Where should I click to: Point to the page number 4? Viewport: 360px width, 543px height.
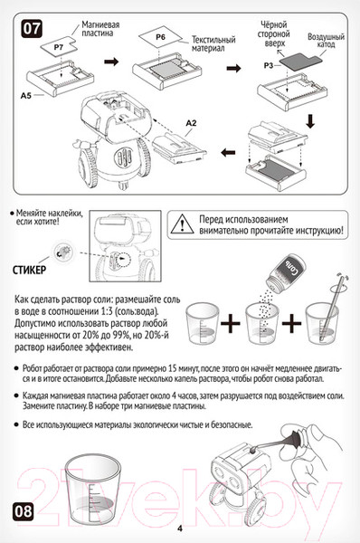(x=180, y=529)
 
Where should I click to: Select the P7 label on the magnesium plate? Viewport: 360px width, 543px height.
(x=59, y=43)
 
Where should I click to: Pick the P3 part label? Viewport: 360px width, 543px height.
(x=268, y=66)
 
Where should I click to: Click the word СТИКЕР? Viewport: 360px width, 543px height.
(x=32, y=271)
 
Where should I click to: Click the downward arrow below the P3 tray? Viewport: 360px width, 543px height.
(x=308, y=120)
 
